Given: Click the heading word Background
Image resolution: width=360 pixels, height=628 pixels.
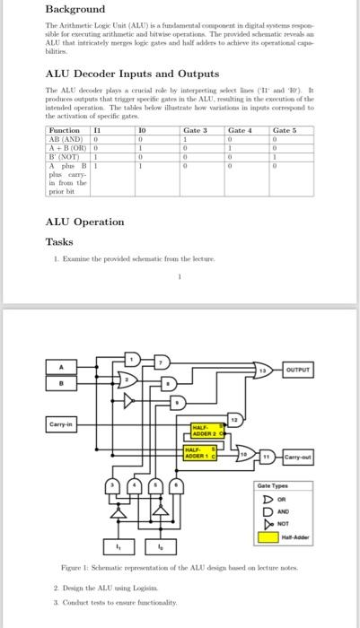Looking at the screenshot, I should pos(75,9).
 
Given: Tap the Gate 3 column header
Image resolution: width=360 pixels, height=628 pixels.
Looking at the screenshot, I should pos(195,131).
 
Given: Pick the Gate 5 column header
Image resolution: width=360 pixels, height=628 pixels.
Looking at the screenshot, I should pos(286,131).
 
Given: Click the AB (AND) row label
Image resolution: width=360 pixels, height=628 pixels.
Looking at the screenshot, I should pos(64,139).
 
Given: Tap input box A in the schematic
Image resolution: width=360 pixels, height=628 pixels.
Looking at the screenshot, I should pos(63,365).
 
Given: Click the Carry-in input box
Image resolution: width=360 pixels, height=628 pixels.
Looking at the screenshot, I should pos(65,423).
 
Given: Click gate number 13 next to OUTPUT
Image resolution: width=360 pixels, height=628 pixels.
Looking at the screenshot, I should pos(264,370).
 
